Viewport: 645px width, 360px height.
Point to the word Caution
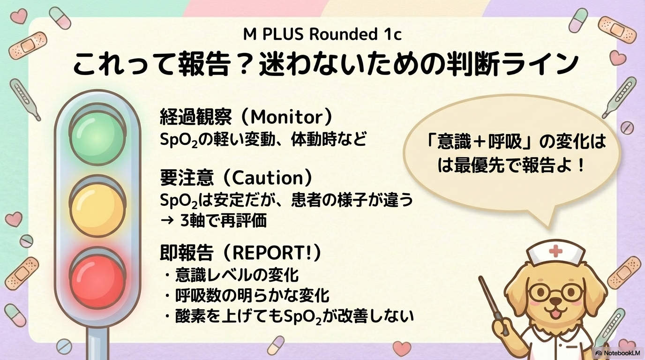click(268, 178)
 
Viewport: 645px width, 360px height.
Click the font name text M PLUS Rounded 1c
click(322, 34)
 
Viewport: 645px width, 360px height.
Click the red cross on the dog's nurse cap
click(555, 251)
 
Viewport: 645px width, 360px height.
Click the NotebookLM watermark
click(617, 353)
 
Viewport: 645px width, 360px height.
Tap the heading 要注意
click(187, 178)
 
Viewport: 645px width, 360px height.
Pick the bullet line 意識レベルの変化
click(237, 275)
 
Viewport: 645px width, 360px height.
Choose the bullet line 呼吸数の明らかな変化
click(252, 295)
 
